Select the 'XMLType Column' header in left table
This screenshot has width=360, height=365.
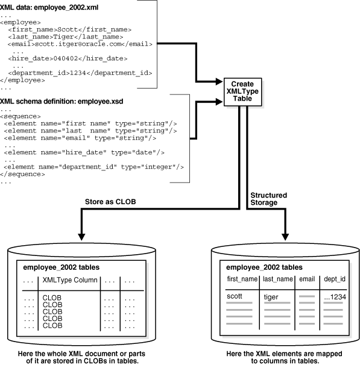coord(67,280)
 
